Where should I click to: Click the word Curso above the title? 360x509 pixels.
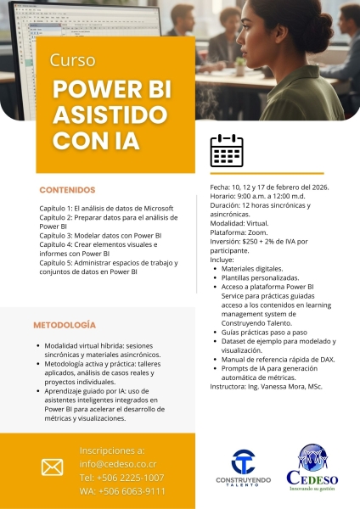click(x=72, y=61)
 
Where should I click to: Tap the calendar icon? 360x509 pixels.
click(x=227, y=152)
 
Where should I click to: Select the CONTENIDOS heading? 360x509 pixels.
click(x=67, y=190)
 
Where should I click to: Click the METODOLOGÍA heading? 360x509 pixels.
click(x=65, y=325)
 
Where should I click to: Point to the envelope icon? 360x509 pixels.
click(x=53, y=467)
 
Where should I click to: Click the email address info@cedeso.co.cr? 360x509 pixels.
click(x=118, y=464)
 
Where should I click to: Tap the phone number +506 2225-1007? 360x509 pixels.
click(x=122, y=478)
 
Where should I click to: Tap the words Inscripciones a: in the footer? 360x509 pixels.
click(x=111, y=450)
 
